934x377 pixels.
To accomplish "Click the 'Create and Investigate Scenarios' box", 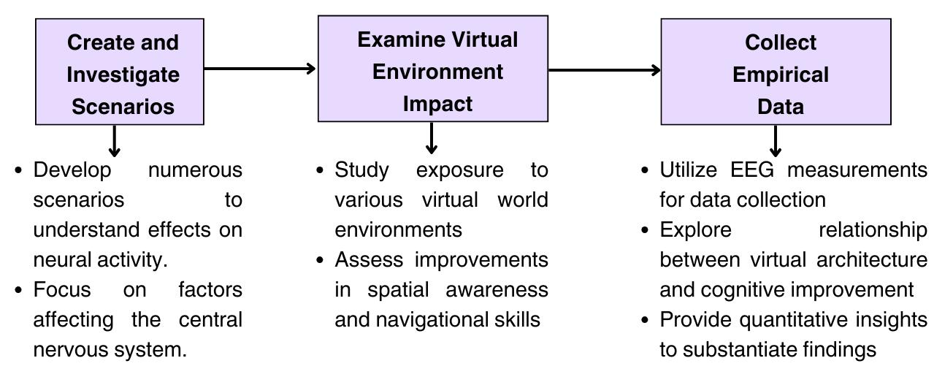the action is (x=120, y=72).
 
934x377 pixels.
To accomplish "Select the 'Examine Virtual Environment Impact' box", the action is (x=433, y=69).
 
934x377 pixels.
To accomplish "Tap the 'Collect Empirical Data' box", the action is (x=776, y=72).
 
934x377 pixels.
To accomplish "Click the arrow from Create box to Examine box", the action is (x=260, y=69).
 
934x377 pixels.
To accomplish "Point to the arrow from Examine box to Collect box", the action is (x=604, y=70).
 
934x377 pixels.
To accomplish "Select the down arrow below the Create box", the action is (x=114, y=140).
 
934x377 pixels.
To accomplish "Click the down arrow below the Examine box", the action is (x=432, y=137).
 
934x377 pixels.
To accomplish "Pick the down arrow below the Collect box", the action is (x=776, y=140).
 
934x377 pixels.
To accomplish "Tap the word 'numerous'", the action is (x=195, y=170).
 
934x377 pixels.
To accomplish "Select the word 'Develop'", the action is (x=72, y=170).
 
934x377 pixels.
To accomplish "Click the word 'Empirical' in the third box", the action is (x=780, y=75).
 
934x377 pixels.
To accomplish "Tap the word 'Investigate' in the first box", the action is (x=123, y=75).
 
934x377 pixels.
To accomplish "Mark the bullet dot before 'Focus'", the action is (x=19, y=290).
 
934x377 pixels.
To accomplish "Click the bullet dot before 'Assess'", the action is (x=320, y=260).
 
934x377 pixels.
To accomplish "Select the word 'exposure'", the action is (x=459, y=170).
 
